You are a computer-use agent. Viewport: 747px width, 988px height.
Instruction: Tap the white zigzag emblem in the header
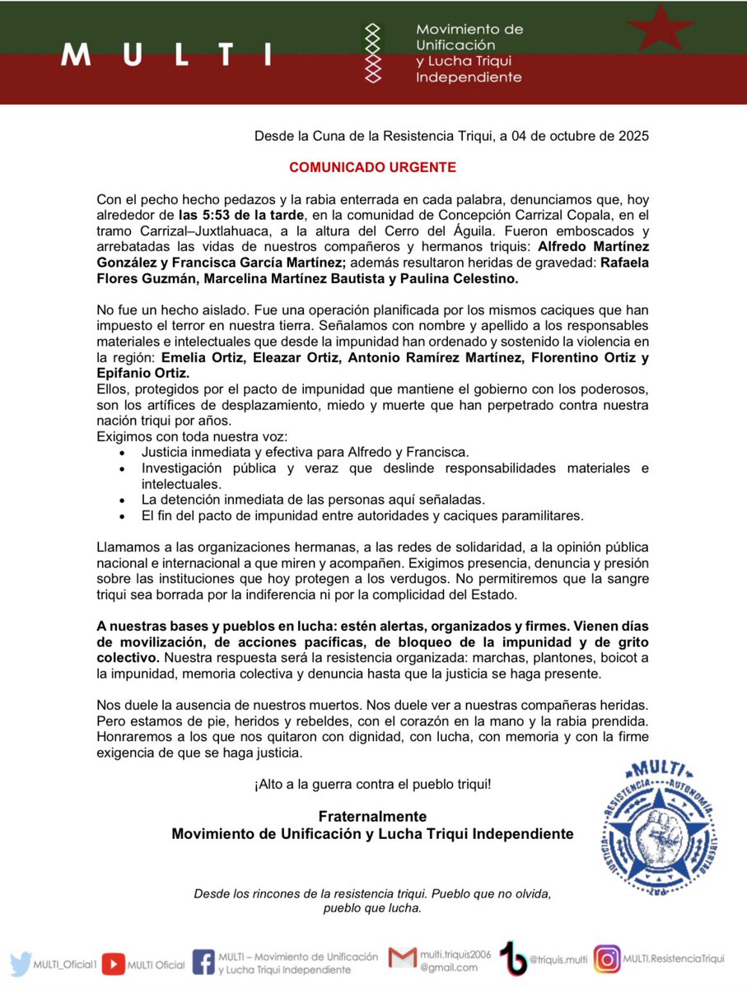point(374,54)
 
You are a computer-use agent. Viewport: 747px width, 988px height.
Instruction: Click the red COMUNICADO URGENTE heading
point(372,166)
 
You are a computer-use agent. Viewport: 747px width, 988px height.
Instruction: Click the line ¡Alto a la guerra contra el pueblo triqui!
point(372,783)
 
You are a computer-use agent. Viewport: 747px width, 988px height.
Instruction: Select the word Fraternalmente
point(372,816)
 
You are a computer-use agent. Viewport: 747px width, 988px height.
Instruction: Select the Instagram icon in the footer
point(607,959)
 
